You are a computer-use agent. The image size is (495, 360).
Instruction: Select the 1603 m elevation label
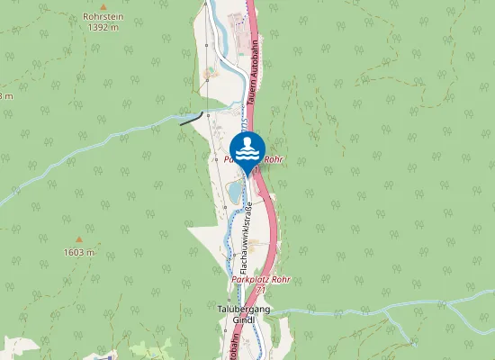click(78, 253)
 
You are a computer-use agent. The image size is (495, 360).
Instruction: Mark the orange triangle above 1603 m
click(78, 240)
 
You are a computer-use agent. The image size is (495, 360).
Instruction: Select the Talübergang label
click(244, 309)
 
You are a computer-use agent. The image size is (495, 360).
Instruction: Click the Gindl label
click(244, 319)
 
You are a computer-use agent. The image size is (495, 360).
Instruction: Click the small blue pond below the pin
click(234, 190)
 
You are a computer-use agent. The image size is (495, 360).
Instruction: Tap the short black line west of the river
click(191, 120)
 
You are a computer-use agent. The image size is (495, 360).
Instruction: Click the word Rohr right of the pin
click(274, 158)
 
